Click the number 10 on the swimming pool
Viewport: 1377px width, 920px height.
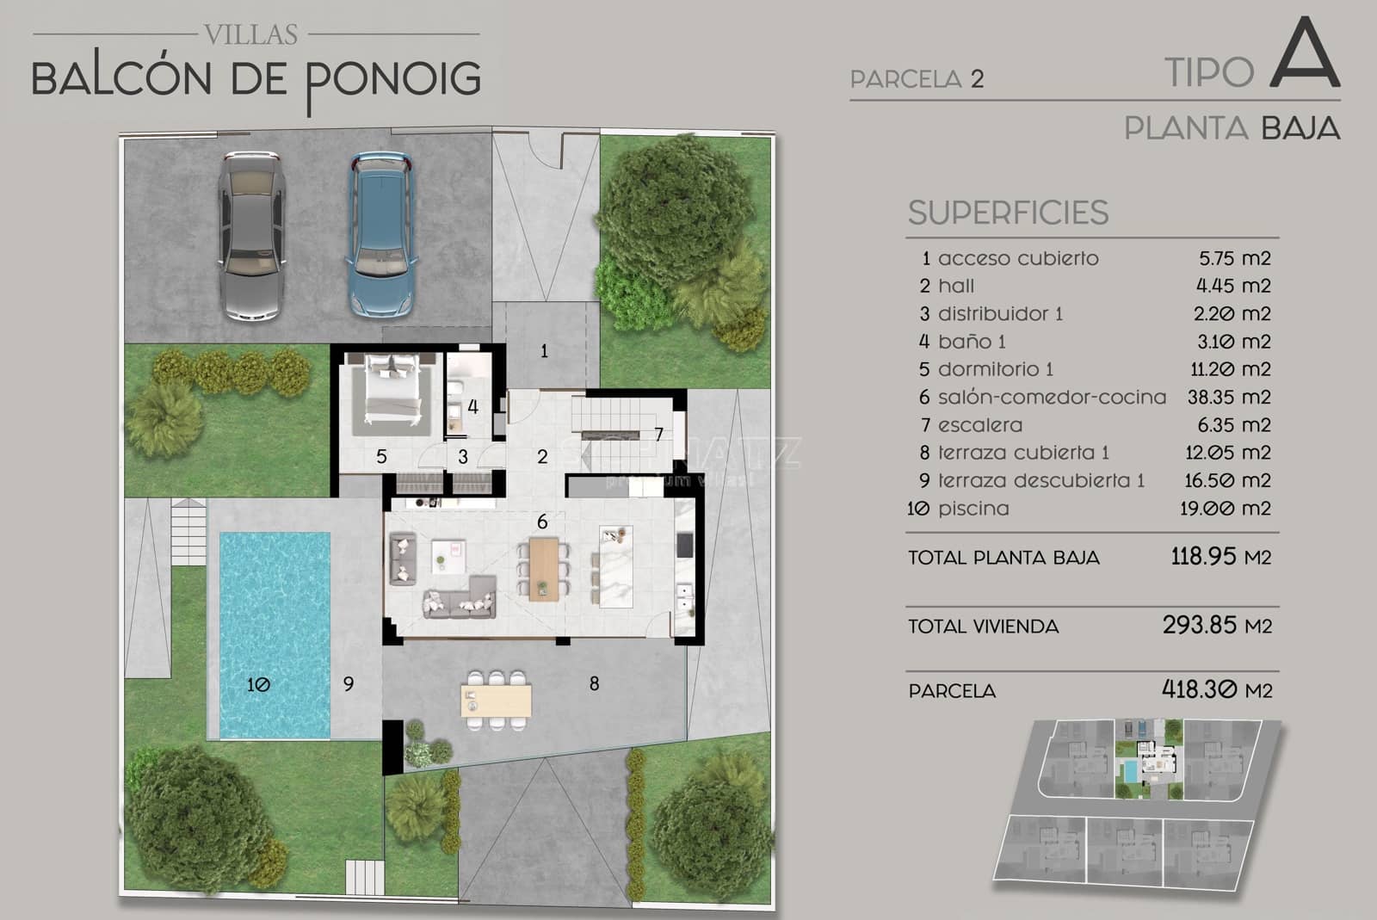258,684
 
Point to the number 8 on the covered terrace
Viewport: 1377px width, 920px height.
594,683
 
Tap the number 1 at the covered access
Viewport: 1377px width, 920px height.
544,351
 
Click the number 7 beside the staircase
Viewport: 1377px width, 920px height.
658,435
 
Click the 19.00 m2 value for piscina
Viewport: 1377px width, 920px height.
1225,509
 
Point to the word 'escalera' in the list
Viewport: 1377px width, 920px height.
980,425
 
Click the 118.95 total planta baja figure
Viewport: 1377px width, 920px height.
1203,556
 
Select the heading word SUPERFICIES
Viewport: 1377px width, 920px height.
1008,213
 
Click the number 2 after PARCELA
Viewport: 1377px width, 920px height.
977,79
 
